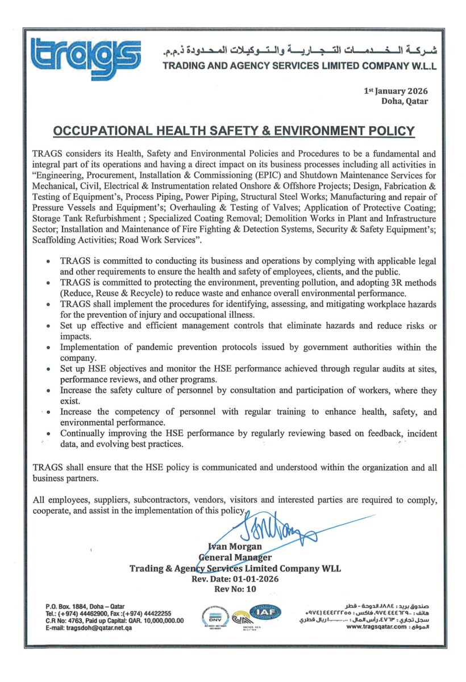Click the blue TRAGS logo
click(85, 58)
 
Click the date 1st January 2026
click(396, 91)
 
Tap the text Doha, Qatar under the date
click(405, 101)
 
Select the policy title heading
click(234, 131)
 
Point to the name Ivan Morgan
click(236, 547)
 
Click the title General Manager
click(235, 557)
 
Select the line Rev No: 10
click(235, 589)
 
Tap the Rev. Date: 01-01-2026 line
click(235, 579)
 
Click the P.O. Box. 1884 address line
click(86, 606)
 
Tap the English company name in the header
click(299, 66)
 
